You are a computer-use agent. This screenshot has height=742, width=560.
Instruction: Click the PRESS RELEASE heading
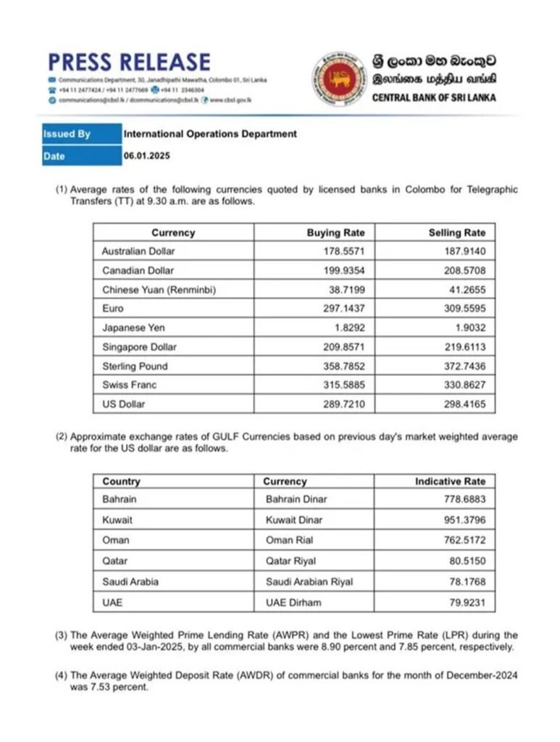(x=129, y=62)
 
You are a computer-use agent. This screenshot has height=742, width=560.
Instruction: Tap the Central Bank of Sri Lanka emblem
(x=338, y=79)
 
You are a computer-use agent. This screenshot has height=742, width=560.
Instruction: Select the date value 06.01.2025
(x=146, y=156)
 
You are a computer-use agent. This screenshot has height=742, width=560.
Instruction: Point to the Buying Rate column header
(x=335, y=233)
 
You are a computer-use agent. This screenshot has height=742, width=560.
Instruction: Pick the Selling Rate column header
(x=457, y=233)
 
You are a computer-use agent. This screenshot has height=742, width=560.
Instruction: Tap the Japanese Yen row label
(x=133, y=328)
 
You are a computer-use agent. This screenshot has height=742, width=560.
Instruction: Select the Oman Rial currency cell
(x=293, y=540)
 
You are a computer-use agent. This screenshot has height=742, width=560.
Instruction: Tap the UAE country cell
(x=113, y=602)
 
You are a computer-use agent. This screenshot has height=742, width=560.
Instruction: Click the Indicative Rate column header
(x=450, y=481)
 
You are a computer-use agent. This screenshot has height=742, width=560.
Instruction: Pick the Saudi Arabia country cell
(x=130, y=581)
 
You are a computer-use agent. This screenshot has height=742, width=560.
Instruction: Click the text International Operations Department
(x=210, y=134)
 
